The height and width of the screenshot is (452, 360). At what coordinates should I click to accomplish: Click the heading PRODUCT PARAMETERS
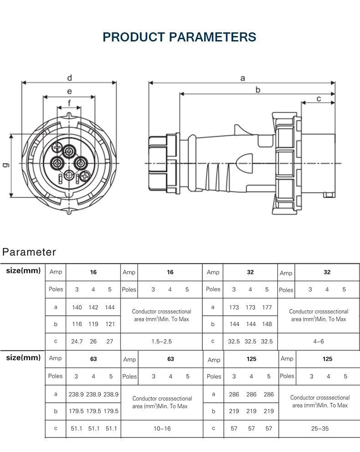point(180,37)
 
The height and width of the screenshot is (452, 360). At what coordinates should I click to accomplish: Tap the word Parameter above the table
point(29,252)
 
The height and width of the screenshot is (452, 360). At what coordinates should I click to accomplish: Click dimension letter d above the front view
point(69,77)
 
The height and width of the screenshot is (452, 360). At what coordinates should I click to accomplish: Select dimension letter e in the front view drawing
point(69,91)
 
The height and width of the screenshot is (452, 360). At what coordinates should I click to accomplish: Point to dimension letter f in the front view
point(69,103)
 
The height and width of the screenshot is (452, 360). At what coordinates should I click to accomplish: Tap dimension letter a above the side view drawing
point(242,78)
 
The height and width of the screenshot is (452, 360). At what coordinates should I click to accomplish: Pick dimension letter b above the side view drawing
point(257,90)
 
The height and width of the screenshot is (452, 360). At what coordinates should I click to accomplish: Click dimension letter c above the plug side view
point(319,98)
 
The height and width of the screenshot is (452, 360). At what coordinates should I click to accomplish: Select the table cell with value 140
point(77,308)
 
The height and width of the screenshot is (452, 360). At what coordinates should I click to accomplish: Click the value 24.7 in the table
point(77,341)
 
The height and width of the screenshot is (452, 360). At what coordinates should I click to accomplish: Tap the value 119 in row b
point(93,324)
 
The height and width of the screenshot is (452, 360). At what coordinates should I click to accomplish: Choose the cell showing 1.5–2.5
point(161,341)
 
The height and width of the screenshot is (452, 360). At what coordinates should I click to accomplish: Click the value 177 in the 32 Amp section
point(267,308)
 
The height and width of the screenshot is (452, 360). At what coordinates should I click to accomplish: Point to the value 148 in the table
point(267,324)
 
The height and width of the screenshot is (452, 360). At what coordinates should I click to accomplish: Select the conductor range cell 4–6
point(319,341)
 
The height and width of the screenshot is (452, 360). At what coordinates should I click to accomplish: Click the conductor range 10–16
point(162,429)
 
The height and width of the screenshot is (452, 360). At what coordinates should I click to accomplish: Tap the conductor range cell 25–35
point(319,429)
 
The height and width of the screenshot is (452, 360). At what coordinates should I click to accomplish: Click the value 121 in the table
point(110,324)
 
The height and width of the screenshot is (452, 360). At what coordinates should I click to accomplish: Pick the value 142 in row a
point(93,308)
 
